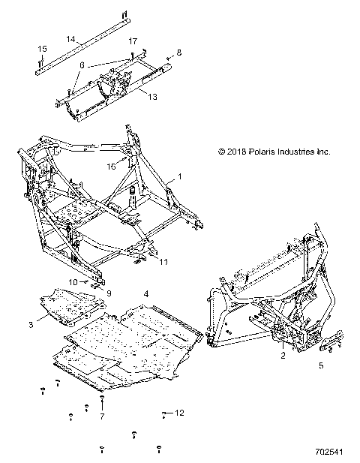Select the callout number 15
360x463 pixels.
[42, 49]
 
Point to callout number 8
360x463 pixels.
[178, 53]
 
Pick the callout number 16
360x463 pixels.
[132, 167]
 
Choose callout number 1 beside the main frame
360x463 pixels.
[180, 176]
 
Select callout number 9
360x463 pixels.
[108, 293]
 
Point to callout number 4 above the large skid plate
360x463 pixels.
[146, 292]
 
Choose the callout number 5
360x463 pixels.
[321, 366]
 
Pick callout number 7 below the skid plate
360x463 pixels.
[103, 415]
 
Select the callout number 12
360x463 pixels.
[179, 413]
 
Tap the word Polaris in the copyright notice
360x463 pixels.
[262, 152]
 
